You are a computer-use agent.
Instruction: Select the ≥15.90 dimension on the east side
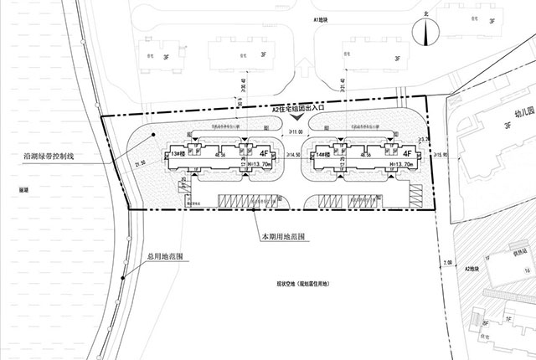[x=438, y=155]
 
